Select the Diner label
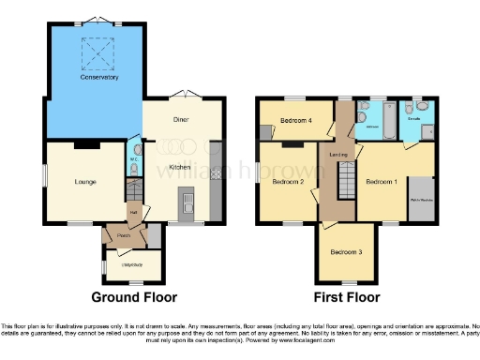point(182,119)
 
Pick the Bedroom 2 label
point(286,182)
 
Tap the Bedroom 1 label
point(381,180)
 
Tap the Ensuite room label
point(413,120)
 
